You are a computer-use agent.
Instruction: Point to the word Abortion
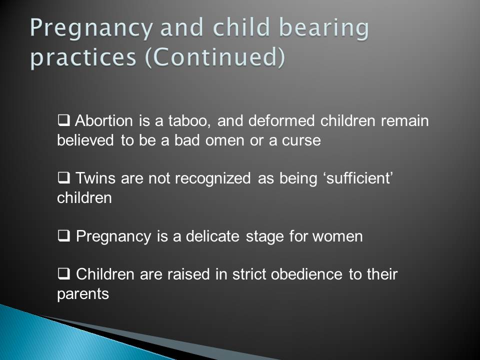(104, 120)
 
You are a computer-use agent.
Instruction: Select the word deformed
(281, 120)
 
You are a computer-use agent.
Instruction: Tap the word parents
(83, 294)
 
